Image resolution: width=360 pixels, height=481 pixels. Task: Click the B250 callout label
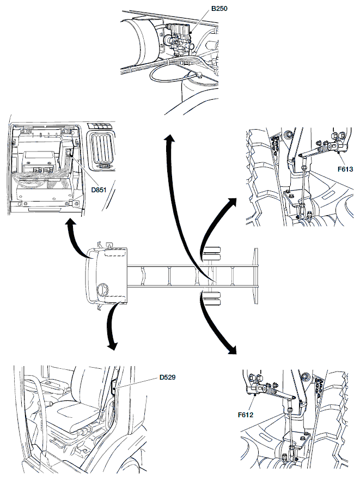point(219,8)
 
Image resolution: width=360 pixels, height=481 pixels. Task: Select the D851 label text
point(99,190)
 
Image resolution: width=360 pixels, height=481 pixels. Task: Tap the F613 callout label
point(345,169)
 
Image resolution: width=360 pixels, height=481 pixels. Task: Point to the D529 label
point(167,377)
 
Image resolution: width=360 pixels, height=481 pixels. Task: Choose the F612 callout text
point(246,415)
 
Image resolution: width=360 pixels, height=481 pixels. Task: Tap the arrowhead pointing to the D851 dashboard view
point(71,223)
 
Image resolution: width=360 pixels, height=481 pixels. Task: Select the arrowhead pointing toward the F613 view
point(231,203)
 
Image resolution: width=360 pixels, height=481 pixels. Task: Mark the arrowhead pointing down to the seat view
point(112,345)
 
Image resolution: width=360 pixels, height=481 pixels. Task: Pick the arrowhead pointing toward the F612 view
point(231,350)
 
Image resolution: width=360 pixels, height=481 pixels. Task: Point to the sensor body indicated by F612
point(257,390)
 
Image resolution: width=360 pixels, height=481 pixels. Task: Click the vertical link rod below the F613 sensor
point(302,184)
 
